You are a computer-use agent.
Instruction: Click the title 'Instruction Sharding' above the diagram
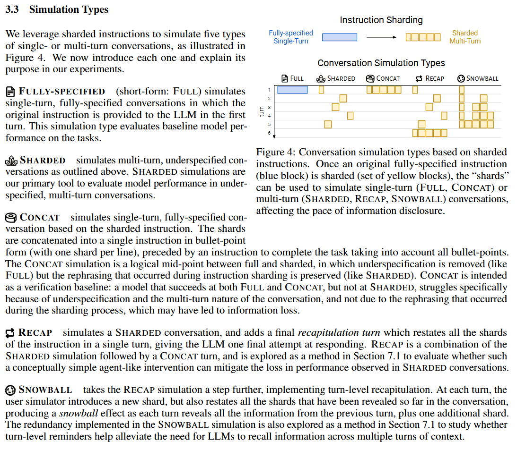(x=381, y=20)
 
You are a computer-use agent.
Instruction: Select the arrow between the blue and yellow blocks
(x=381, y=37)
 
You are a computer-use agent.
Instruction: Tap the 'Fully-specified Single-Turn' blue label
(x=291, y=37)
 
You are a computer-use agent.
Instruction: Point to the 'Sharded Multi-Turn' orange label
(x=464, y=37)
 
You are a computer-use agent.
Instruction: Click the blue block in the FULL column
(x=292, y=90)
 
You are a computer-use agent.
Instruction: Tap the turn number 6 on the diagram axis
(x=269, y=133)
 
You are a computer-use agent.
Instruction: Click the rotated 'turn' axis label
(x=262, y=111)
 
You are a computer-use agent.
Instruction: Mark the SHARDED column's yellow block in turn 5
(x=328, y=124)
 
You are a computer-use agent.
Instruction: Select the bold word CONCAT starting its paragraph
(x=40, y=218)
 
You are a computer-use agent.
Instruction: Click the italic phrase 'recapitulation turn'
(x=331, y=333)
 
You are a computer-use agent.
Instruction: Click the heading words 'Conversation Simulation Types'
(x=381, y=63)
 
